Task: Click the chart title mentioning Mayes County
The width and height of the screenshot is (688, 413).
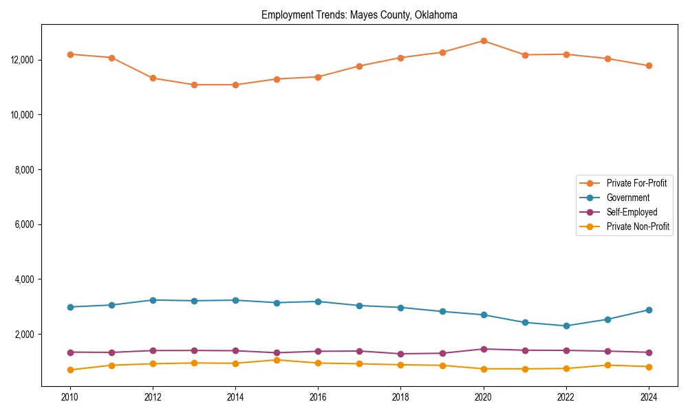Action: tap(359, 15)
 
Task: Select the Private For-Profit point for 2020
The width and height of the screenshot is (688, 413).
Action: tap(484, 41)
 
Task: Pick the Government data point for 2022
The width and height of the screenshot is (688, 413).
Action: tap(566, 326)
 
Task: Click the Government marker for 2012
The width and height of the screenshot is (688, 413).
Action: tap(153, 300)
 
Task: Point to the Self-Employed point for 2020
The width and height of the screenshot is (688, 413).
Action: tap(484, 349)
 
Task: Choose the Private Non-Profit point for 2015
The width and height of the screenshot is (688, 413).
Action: tap(277, 360)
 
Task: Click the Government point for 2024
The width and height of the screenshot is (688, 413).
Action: tap(649, 310)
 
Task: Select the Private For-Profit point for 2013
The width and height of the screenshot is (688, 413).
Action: tap(194, 85)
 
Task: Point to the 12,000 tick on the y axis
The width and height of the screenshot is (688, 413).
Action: tap(23, 60)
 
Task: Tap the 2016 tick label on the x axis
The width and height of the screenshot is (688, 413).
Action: tap(318, 397)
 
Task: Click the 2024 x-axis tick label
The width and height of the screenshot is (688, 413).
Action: tap(649, 397)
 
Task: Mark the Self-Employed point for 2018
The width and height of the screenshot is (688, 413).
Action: tap(401, 354)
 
